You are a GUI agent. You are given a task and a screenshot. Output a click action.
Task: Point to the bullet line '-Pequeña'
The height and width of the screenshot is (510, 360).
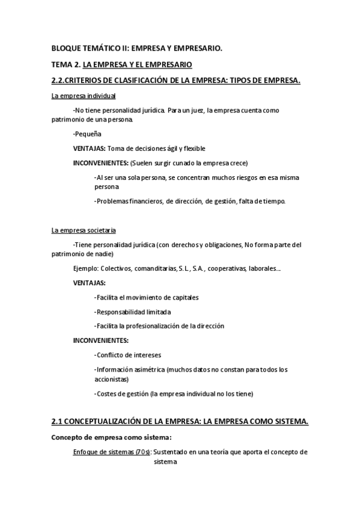tap(87, 134)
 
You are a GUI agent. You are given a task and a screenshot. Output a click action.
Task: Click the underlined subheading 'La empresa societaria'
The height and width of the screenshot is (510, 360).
tap(84, 230)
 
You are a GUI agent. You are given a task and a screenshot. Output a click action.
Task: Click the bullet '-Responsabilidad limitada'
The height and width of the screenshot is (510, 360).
tap(133, 312)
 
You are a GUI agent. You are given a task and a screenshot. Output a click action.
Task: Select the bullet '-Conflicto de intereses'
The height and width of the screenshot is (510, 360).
tap(128, 355)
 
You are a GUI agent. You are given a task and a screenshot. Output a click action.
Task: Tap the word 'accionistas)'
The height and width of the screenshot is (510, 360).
tap(112, 379)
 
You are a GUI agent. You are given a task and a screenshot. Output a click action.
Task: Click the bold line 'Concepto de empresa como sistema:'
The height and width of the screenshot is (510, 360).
tap(112, 437)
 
